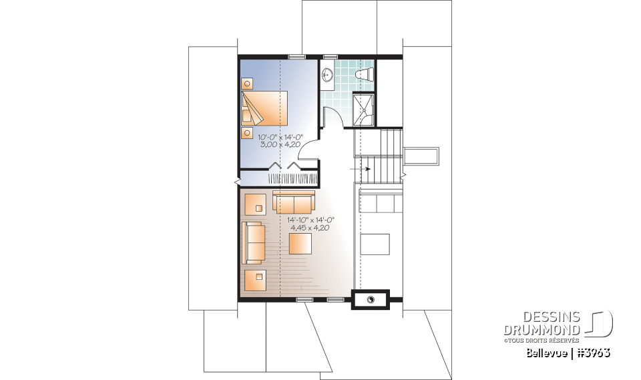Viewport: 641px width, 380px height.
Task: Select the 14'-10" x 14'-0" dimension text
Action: click(310, 220)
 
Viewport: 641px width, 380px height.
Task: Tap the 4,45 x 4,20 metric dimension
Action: click(310, 228)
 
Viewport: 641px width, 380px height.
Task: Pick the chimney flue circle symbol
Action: click(371, 300)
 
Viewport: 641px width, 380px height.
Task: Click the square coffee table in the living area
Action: click(300, 243)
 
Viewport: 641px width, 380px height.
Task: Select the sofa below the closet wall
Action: click(293, 201)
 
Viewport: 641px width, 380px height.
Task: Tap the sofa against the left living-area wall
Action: click(252, 242)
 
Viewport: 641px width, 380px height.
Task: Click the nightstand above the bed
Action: click(247, 83)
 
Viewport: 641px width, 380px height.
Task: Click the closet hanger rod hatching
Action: click(292, 179)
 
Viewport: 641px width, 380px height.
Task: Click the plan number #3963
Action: click(593, 353)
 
